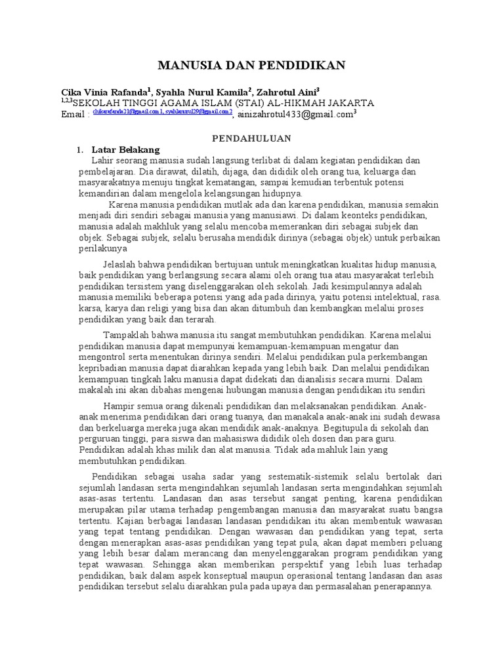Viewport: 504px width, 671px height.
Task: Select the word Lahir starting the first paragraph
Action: (x=103, y=161)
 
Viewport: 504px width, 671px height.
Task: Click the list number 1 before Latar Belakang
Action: (x=80, y=149)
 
